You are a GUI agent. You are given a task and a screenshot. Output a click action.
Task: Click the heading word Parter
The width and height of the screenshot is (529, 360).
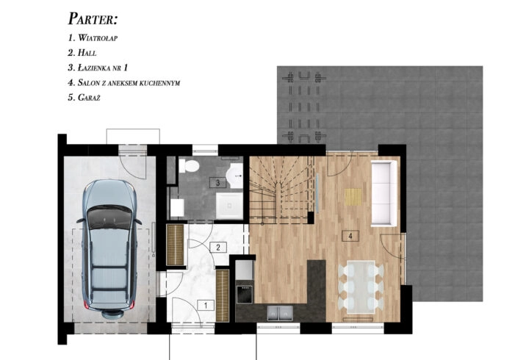point(93,19)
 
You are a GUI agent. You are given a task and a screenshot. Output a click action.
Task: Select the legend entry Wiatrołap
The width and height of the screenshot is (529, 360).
point(93,37)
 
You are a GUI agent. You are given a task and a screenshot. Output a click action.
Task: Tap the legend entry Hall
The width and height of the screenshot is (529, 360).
point(82,53)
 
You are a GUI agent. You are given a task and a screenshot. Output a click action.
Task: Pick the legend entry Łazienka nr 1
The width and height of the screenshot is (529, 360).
point(98,68)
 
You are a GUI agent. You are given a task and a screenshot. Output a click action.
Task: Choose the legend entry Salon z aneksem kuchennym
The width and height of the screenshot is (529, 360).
point(124,83)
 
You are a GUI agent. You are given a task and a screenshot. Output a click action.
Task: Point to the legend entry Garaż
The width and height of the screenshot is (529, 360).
point(84,98)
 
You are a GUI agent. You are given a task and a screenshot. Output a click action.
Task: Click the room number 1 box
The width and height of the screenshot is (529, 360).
point(206,306)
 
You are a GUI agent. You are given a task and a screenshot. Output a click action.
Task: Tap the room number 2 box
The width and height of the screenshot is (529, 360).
point(218,248)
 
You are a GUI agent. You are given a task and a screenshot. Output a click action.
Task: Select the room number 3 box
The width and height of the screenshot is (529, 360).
point(217,183)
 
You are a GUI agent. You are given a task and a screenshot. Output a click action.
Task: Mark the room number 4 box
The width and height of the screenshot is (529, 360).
point(350,236)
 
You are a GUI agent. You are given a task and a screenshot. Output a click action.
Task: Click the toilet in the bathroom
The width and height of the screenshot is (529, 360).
point(190,166)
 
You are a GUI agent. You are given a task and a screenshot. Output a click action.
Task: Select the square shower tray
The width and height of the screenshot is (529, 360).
point(229,206)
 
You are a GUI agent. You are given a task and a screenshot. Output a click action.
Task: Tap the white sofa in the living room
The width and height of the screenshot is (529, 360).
point(384,193)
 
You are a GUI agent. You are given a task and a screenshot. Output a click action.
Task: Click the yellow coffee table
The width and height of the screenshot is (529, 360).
point(353,197)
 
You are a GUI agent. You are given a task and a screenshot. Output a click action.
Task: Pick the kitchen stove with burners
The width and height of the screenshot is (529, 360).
point(245,295)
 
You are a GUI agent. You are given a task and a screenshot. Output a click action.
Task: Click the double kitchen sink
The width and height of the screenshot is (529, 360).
point(280,313)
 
